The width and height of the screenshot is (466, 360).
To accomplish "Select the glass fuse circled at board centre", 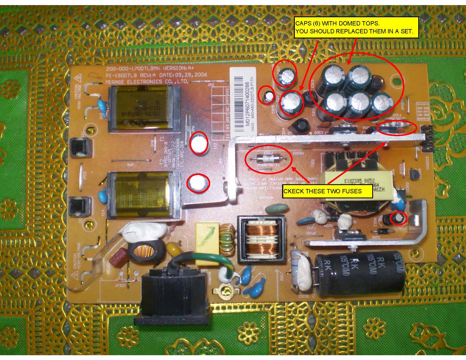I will [x=269, y=159].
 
